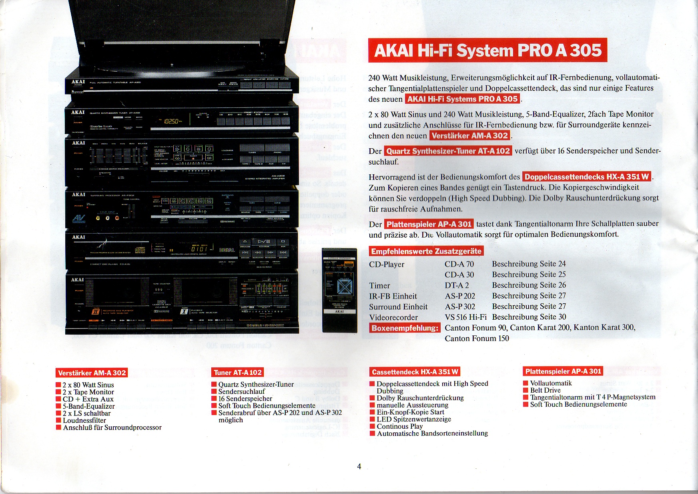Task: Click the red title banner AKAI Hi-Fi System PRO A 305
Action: tap(487, 50)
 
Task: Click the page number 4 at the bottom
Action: tap(359, 466)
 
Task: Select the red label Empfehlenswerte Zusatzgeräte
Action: tap(426, 251)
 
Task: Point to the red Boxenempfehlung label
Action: tap(404, 328)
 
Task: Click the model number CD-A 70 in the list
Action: tap(459, 264)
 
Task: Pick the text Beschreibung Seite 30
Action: tap(529, 317)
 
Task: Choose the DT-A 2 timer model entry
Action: tap(457, 285)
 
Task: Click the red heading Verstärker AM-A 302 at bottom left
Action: tap(92, 373)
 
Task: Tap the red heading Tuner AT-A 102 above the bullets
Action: tap(238, 373)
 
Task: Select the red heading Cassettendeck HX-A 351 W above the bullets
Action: tap(415, 372)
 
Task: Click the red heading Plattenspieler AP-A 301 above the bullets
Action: tap(563, 371)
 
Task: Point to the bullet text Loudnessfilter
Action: tap(84, 420)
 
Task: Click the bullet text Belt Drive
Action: tap(545, 390)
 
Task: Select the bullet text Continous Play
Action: tap(399, 426)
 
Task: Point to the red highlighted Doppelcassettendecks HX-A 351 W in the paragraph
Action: tap(586, 177)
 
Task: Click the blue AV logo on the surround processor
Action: tap(79, 219)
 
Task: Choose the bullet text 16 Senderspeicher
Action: tap(245, 399)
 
